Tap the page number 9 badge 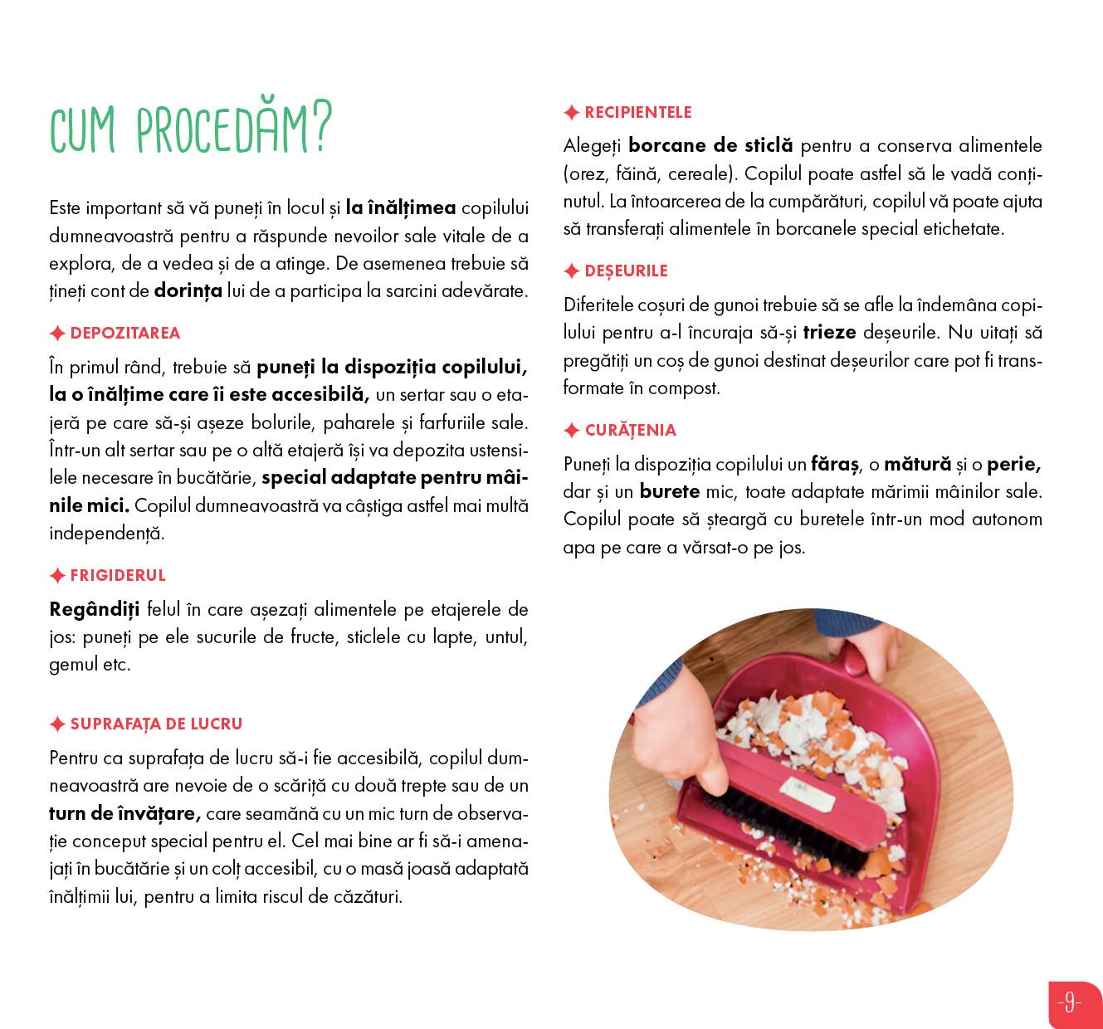pyautogui.click(x=1070, y=1003)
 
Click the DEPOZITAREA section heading pyautogui.click(x=124, y=334)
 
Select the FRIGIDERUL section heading pyautogui.click(x=118, y=576)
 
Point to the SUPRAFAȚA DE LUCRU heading pyautogui.click(x=156, y=724)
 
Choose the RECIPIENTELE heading pyautogui.click(x=637, y=113)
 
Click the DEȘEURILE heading pyautogui.click(x=626, y=271)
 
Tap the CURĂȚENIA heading pyautogui.click(x=630, y=431)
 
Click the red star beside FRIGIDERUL pyautogui.click(x=57, y=576)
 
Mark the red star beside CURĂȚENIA pyautogui.click(x=572, y=431)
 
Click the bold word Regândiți pyautogui.click(x=95, y=610)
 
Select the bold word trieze pyautogui.click(x=829, y=333)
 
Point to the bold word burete pyautogui.click(x=670, y=492)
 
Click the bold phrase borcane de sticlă pyautogui.click(x=710, y=146)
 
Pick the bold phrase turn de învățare pyautogui.click(x=124, y=814)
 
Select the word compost pyautogui.click(x=684, y=388)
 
